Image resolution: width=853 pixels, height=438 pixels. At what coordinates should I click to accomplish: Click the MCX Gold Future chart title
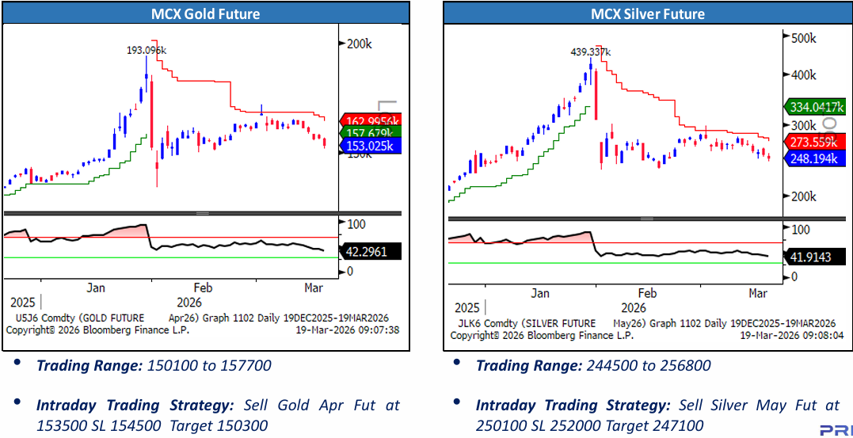(x=205, y=13)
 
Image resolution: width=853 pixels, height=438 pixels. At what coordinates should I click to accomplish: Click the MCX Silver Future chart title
(x=647, y=13)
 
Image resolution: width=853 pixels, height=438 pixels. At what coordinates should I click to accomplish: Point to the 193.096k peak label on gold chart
(x=147, y=50)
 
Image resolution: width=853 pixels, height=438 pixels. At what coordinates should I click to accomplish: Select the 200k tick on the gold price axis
(x=360, y=44)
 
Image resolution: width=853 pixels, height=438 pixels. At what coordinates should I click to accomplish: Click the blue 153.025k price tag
(x=370, y=146)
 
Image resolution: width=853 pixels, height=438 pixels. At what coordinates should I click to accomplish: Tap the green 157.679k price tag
(x=370, y=132)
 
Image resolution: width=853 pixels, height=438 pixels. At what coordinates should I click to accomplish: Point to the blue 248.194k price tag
(x=813, y=159)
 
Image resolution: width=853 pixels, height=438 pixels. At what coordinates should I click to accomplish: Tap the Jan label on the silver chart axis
(x=539, y=293)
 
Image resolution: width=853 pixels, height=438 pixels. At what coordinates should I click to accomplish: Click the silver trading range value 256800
(x=684, y=365)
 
